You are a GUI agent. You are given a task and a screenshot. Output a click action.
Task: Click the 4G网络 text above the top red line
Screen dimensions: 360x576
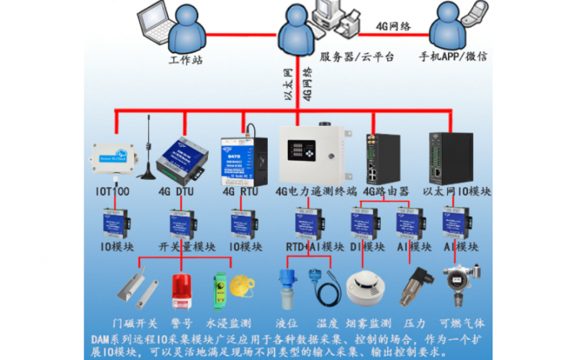tap(393, 27)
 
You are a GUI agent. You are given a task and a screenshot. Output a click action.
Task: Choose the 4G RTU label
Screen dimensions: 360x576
tap(240, 192)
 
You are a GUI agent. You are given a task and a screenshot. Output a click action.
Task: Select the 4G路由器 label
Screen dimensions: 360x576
tap(385, 192)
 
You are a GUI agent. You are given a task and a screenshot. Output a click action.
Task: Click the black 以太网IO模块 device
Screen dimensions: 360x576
tap(451, 157)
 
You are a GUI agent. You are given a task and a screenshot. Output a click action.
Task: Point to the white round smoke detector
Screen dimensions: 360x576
tap(361, 288)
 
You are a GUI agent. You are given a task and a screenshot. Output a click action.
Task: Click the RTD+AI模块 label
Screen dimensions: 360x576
tap(315, 246)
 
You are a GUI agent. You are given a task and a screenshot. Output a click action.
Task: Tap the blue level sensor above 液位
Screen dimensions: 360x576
tap(284, 288)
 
